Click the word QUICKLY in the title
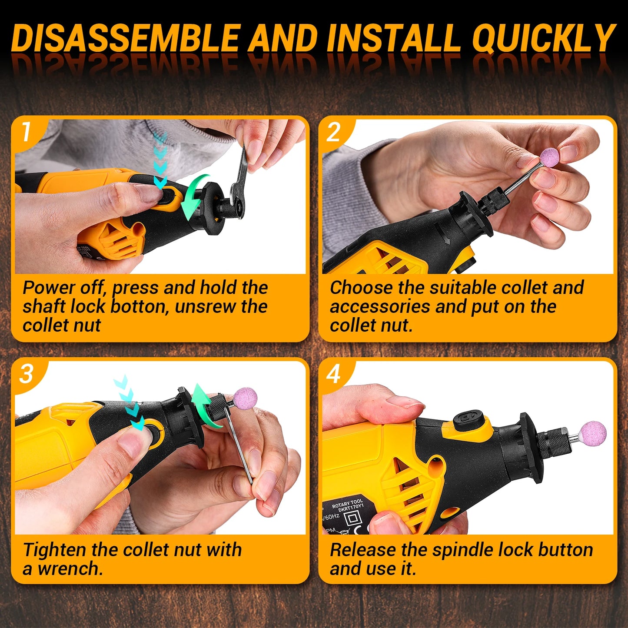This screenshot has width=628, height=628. tap(544, 38)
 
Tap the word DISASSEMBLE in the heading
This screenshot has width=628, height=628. tap(126, 38)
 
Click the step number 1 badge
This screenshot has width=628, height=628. tap(27, 132)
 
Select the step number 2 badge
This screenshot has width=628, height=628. tap(334, 132)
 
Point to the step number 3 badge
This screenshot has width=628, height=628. tap(27, 374)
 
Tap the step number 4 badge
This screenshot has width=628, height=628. tap(334, 374)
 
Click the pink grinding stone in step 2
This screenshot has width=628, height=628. tap(550, 156)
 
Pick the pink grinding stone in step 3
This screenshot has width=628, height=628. tap(245, 399)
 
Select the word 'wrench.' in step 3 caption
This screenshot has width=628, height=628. tap(70, 568)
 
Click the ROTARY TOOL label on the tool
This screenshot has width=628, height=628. tap(347, 504)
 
